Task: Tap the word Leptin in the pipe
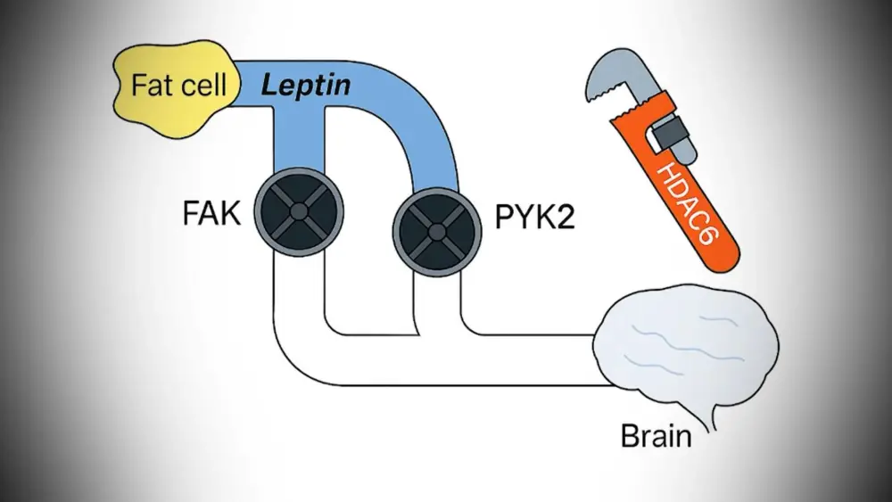(x=304, y=86)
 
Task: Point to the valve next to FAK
(x=298, y=211)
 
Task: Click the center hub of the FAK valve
(x=298, y=211)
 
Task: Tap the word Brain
(x=656, y=436)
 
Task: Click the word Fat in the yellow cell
(x=151, y=86)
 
